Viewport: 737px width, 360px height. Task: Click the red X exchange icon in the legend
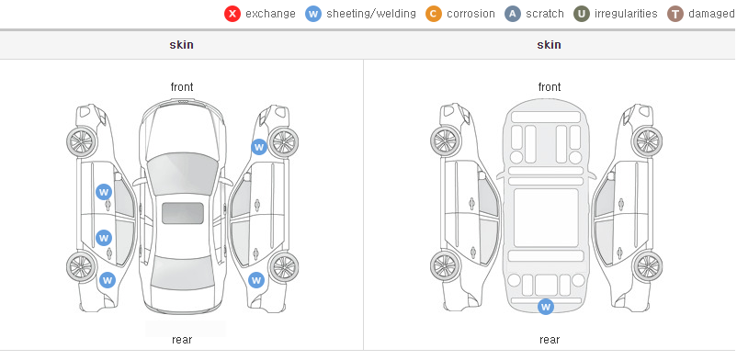232,14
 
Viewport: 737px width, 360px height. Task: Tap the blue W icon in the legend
313,14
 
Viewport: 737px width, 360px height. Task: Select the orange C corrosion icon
434,14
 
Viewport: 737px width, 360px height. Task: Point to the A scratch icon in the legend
513,14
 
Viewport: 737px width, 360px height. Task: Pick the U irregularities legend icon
582,14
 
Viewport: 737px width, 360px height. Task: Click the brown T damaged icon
675,14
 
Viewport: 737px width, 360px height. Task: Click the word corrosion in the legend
471,14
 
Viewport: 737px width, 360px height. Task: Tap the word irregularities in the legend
626,14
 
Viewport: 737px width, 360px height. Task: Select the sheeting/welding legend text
371,14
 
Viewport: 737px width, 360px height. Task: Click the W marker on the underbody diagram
546,307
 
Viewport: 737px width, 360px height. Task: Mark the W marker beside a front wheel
259,147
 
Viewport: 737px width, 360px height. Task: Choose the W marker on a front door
104,192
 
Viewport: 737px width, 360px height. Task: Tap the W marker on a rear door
104,237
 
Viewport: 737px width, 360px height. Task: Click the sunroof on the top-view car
183,213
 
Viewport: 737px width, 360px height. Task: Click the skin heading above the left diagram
181,45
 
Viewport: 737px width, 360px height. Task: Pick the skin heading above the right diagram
549,45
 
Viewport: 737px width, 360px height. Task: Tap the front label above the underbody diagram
550,87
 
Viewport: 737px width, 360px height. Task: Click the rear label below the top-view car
182,340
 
